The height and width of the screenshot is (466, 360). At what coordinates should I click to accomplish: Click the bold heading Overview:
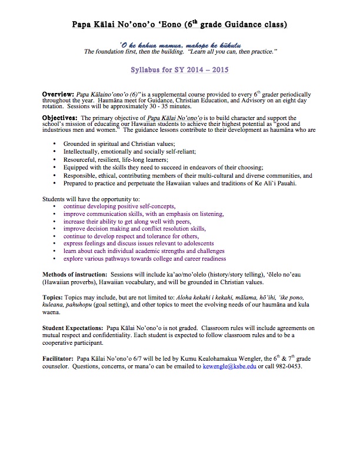pyautogui.click(x=58, y=94)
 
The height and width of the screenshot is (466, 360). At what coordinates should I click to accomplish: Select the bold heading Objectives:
pyautogui.click(x=61, y=118)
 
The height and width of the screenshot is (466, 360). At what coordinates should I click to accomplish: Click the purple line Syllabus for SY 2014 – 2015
pyautogui.click(x=180, y=68)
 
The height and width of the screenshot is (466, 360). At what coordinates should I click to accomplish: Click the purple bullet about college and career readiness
pyautogui.click(x=145, y=258)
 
